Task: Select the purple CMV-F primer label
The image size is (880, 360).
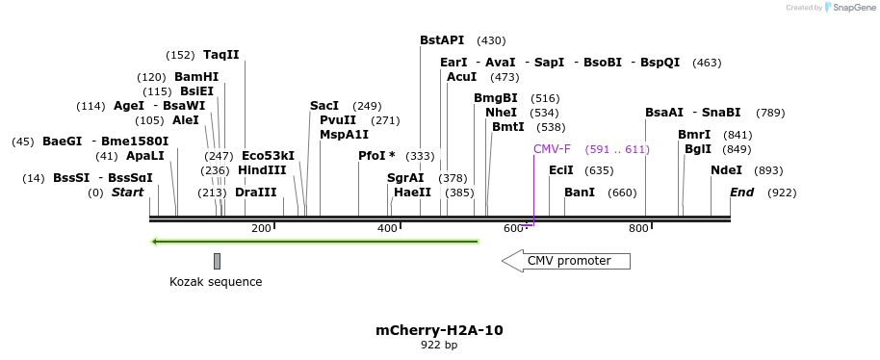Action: pyautogui.click(x=552, y=149)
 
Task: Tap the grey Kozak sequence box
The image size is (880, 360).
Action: pyautogui.click(x=218, y=261)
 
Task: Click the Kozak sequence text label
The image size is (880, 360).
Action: pyautogui.click(x=216, y=282)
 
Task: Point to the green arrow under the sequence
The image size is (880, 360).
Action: pyautogui.click(x=315, y=241)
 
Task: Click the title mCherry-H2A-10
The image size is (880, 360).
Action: pyautogui.click(x=439, y=330)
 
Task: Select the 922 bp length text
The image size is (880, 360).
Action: pyautogui.click(x=439, y=345)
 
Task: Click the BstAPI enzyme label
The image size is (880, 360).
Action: pyautogui.click(x=442, y=40)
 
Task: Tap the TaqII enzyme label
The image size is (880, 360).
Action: pyautogui.click(x=221, y=55)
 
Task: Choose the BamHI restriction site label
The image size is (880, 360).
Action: pyautogui.click(x=196, y=77)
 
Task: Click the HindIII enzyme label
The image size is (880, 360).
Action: pyautogui.click(x=262, y=169)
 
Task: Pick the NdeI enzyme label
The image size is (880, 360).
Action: pyautogui.click(x=726, y=170)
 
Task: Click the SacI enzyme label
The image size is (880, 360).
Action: pyautogui.click(x=324, y=106)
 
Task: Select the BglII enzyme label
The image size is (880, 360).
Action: pyautogui.click(x=697, y=149)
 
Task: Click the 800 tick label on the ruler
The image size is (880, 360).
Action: pyautogui.click(x=638, y=229)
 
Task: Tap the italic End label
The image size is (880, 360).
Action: pyautogui.click(x=741, y=192)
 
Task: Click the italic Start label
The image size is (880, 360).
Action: pyautogui.click(x=127, y=192)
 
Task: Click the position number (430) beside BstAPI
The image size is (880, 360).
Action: pyautogui.click(x=491, y=40)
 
